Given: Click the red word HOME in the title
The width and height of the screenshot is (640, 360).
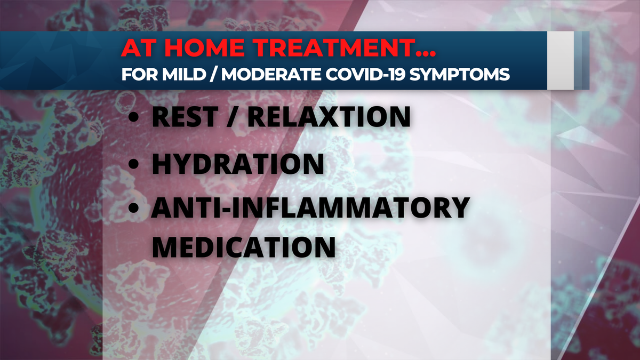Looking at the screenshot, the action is (x=204, y=47).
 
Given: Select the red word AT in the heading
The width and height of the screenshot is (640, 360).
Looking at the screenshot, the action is (x=139, y=47).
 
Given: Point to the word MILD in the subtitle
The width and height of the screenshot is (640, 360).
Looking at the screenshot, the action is (x=184, y=74).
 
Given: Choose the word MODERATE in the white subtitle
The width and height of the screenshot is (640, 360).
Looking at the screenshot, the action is (x=271, y=74).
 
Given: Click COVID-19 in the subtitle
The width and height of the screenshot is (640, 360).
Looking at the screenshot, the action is (x=365, y=74).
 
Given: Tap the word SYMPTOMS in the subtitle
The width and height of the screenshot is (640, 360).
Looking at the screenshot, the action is (x=459, y=74).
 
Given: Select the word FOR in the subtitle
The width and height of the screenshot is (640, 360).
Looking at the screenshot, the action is (x=140, y=74).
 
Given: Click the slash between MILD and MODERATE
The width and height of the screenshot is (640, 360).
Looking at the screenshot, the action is (x=213, y=75).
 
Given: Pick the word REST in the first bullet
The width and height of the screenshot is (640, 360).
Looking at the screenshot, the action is (x=185, y=117).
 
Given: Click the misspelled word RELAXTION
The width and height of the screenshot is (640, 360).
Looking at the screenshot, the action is (x=329, y=117).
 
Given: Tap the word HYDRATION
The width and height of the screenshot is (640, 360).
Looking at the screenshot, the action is (x=238, y=164).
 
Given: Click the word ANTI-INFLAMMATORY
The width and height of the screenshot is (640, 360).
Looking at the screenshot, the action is (x=310, y=207).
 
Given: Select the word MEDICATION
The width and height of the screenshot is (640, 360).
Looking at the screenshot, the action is (x=244, y=247).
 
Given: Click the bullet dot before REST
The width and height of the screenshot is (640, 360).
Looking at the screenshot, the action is (x=133, y=117).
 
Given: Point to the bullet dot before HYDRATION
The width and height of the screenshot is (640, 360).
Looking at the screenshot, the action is (x=133, y=164).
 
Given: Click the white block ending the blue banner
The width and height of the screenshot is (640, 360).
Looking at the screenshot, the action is (x=561, y=60).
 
